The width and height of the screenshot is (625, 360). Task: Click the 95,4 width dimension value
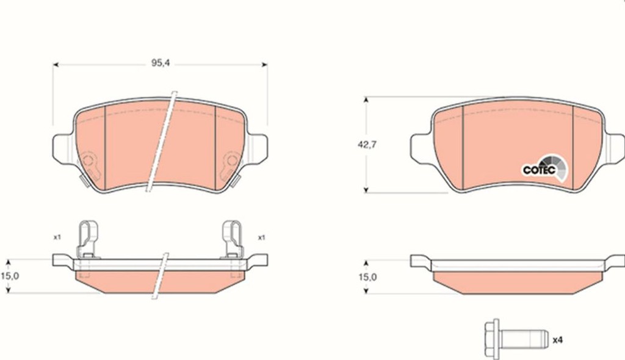[x=161, y=63]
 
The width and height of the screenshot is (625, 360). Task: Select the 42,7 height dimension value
[x=367, y=145]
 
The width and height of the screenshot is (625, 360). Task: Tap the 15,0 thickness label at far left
[x=10, y=276]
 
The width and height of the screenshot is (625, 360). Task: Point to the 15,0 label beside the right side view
[x=367, y=276]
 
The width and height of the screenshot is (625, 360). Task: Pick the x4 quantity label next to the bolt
[x=558, y=340]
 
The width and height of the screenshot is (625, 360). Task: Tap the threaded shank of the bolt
[x=523, y=339]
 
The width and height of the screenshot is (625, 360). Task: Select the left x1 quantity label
[x=57, y=237]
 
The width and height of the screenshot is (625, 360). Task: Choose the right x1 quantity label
[x=261, y=237]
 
